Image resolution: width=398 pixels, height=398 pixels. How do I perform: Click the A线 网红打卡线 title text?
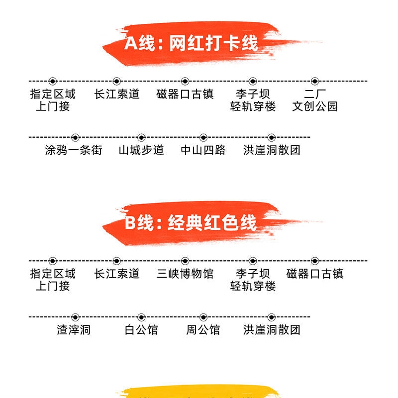point(191,43)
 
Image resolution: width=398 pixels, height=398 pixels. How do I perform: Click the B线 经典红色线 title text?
point(191,222)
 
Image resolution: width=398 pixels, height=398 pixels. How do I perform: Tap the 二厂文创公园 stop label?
point(314,100)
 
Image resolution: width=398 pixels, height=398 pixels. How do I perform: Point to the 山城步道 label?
point(141,150)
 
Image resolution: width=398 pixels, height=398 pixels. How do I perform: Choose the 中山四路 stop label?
point(203,150)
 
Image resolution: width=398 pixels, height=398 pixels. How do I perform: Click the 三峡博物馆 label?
point(185,274)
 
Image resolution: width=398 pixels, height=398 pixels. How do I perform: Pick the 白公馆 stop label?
point(141,330)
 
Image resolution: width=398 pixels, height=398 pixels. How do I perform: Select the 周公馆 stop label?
point(203,330)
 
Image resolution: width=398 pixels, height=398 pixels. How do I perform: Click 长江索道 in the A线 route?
point(117,94)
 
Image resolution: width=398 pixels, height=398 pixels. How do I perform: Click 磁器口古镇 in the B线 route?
point(314,274)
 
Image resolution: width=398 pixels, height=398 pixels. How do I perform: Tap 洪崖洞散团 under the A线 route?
point(272,150)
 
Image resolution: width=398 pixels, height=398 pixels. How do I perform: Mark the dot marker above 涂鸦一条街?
point(75,137)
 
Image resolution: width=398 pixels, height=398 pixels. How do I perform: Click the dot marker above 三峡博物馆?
point(185,261)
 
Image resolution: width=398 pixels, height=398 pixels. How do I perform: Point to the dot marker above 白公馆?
point(141,317)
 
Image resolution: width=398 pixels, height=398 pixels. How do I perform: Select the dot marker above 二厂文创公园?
point(314,81)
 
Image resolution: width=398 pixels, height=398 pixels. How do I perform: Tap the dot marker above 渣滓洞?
point(75,317)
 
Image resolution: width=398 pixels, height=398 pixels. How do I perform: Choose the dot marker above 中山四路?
point(203,137)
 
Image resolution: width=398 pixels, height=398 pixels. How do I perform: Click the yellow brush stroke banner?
point(199,392)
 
